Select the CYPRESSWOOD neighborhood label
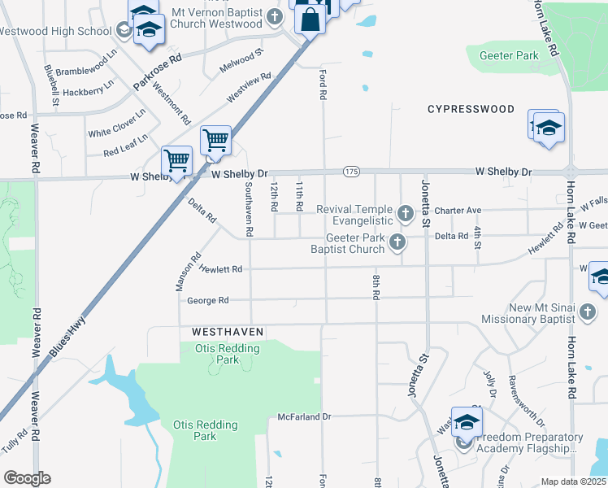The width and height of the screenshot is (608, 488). coord(471,109)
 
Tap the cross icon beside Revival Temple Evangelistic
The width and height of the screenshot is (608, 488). coord(406,215)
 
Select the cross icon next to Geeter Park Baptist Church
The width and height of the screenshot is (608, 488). coord(397,242)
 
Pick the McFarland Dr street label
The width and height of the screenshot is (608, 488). coord(305,416)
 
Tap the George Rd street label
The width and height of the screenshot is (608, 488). coord(202,300)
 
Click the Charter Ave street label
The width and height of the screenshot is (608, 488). coord(458,211)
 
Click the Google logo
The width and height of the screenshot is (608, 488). coord(27,478)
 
